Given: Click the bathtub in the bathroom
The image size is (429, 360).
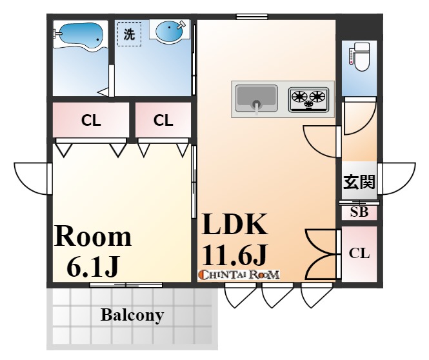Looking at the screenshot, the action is [79, 36].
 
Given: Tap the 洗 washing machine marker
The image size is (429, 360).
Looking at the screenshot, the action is [129, 34].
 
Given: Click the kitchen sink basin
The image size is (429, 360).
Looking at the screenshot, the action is [256, 99].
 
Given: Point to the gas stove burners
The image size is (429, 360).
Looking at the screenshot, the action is [308, 99].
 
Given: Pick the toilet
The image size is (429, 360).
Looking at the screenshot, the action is [359, 57].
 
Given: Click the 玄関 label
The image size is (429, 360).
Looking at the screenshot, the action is [359, 181].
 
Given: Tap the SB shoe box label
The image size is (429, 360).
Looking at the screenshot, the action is [359, 212].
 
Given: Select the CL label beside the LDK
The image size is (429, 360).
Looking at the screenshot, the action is [359, 254].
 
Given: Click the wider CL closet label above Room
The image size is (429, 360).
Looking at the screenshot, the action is [91, 121].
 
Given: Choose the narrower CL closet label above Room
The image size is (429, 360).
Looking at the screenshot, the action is [163, 121].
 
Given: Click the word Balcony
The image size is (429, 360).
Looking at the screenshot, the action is [132, 315].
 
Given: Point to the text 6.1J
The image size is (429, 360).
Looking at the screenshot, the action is [93, 266].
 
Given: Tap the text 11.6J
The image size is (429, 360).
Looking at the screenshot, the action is [234, 255].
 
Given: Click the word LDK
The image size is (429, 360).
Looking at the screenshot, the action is [234, 225].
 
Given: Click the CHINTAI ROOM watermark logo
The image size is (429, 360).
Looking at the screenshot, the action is [240, 275].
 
